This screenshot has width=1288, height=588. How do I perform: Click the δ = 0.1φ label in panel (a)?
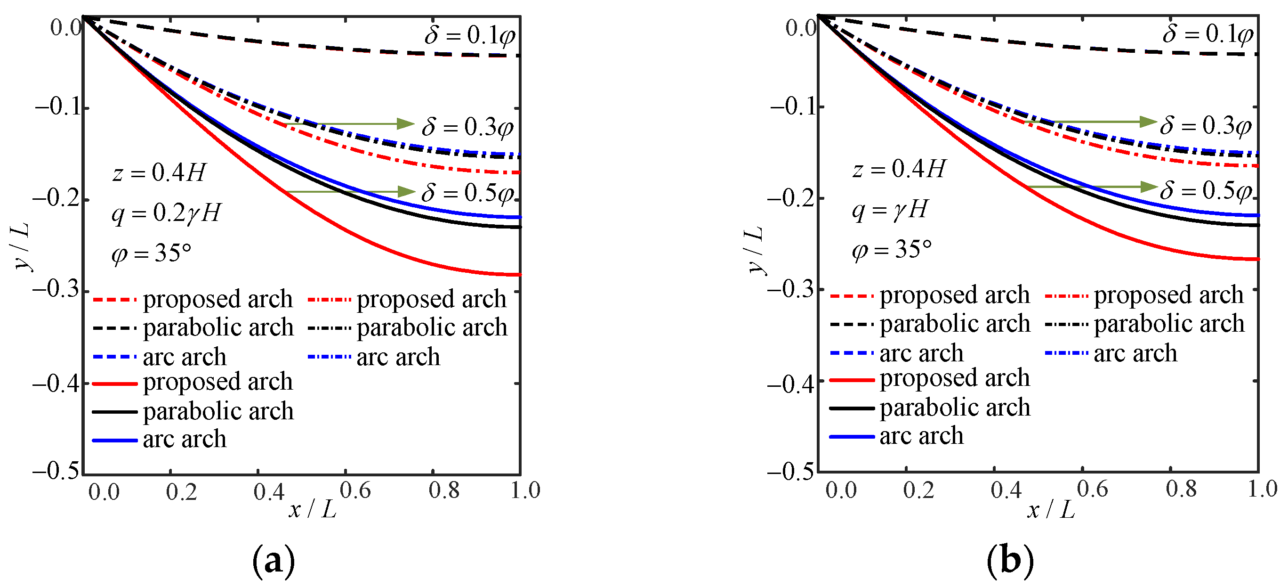click(469, 35)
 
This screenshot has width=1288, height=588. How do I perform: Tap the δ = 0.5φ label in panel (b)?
click(1206, 191)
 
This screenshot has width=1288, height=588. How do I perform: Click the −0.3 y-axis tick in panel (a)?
click(56, 290)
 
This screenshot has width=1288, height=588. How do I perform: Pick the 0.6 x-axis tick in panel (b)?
click(1092, 489)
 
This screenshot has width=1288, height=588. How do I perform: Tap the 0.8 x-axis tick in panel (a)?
click(443, 490)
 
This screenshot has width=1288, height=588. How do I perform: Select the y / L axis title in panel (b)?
click(756, 250)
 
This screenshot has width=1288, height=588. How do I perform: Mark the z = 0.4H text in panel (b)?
click(899, 169)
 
